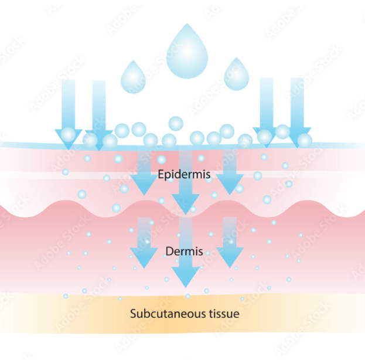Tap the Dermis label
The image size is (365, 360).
pyautogui.click(x=185, y=252)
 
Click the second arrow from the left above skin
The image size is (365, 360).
pyautogui.click(x=99, y=111)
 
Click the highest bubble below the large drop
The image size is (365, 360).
pyautogui.click(x=176, y=123)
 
